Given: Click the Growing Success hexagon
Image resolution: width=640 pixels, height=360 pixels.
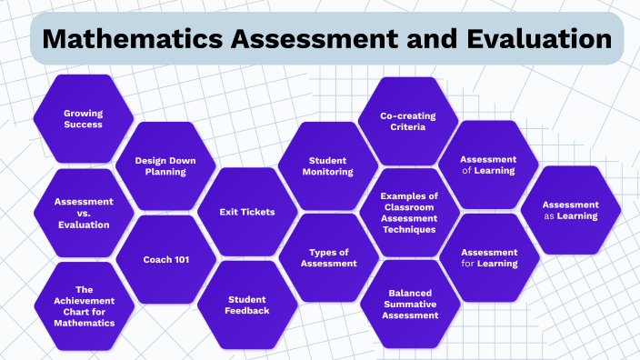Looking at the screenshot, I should (83, 118).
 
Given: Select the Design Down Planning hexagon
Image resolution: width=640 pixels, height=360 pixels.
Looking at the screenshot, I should (166, 165).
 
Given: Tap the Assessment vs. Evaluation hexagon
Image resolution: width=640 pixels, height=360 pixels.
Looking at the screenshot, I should (83, 213).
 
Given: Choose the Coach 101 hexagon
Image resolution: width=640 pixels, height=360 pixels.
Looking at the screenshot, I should (166, 260).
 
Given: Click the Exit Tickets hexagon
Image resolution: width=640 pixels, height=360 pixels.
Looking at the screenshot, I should (247, 212).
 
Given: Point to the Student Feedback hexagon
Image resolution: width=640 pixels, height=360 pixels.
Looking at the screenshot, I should (247, 305).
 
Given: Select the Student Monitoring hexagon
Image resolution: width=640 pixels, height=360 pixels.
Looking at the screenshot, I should (327, 165).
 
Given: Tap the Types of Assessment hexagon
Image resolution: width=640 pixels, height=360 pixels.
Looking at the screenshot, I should (327, 258).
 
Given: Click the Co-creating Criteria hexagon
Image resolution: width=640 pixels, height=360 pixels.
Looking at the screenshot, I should (408, 121).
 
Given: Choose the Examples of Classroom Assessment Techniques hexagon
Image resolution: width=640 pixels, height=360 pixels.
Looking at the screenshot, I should (408, 213).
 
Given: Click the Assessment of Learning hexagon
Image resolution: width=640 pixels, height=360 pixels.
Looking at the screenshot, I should (488, 165).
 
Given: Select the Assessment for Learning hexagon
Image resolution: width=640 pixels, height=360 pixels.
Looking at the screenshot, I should (489, 257).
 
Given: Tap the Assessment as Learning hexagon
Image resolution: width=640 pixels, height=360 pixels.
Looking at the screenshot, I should (570, 210).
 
